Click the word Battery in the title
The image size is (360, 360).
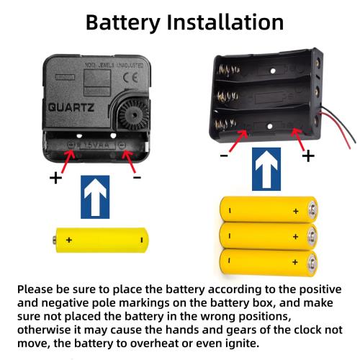tap(123, 22)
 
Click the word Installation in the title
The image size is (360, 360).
tap(225, 22)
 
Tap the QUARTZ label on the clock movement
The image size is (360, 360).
tap(71, 107)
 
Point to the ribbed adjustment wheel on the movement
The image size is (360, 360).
tap(133, 115)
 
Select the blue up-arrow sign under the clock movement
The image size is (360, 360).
tap(95, 197)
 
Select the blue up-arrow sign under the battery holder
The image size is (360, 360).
tap(266, 169)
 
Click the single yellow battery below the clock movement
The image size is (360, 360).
tap(101, 240)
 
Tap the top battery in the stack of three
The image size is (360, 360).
tap(269, 210)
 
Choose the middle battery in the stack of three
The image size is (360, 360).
tap(269, 236)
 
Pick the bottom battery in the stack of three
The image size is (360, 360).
tap(269, 262)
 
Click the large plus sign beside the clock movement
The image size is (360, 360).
tap(55, 178)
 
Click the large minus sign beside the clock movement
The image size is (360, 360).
tap(137, 177)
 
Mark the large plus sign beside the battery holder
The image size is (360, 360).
tap(308, 156)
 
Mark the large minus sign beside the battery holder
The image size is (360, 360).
tap(224, 156)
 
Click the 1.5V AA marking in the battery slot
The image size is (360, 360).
tap(96, 145)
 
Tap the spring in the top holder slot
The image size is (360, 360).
tap(228, 70)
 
